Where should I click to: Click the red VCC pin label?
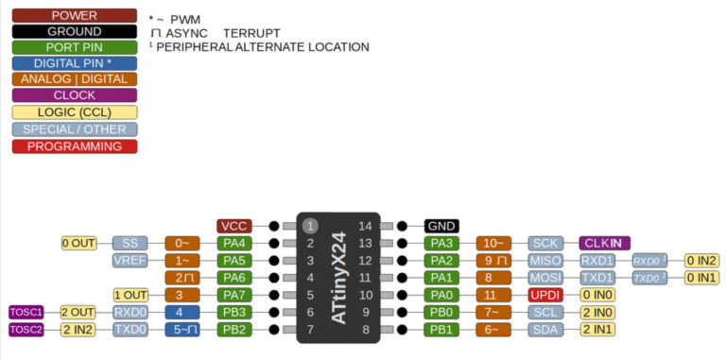pyautogui.click(x=233, y=226)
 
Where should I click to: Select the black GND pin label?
pyautogui.click(x=441, y=226)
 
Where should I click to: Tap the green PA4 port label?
pyautogui.click(x=233, y=243)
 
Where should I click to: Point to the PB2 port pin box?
pyautogui.click(x=233, y=329)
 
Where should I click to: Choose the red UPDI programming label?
pyautogui.click(x=545, y=295)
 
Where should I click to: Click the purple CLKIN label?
pyautogui.click(x=603, y=243)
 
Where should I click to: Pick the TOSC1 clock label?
pyautogui.click(x=26, y=312)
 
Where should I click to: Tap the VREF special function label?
pyautogui.click(x=130, y=260)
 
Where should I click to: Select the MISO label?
pyautogui.click(x=545, y=260)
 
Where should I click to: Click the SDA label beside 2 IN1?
pyautogui.click(x=545, y=329)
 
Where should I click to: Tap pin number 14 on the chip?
pyautogui.click(x=364, y=226)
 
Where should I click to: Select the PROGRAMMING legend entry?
pyautogui.click(x=74, y=146)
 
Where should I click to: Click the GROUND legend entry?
pyautogui.click(x=74, y=31)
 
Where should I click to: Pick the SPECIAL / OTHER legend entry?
pyautogui.click(x=74, y=129)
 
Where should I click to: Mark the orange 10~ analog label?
pyautogui.click(x=493, y=243)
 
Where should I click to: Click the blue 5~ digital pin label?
pyautogui.click(x=181, y=329)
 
